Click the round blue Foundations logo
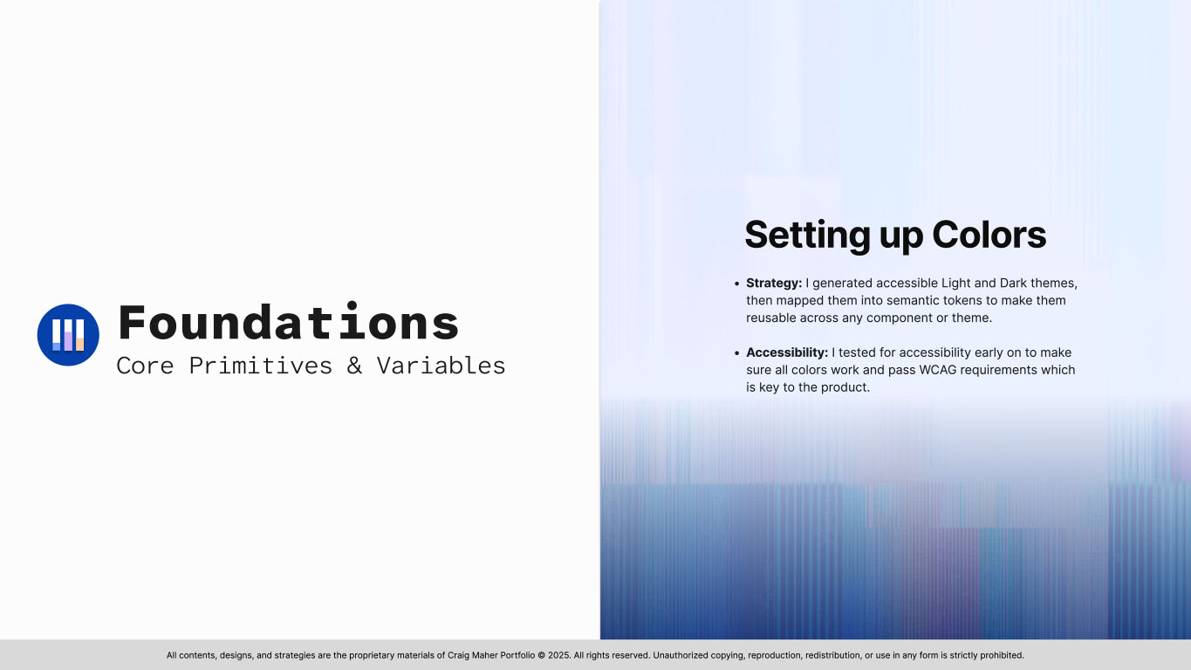pos(68,335)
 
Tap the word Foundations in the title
pos(288,323)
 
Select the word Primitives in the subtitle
pos(261,366)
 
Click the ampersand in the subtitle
pos(354,366)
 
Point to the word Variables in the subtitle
pos(441,366)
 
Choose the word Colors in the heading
pos(989,235)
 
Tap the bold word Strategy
pos(773,284)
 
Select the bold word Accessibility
pos(786,352)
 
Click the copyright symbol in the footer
pos(541,655)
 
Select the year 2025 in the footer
pos(558,655)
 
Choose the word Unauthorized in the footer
pos(687,655)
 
